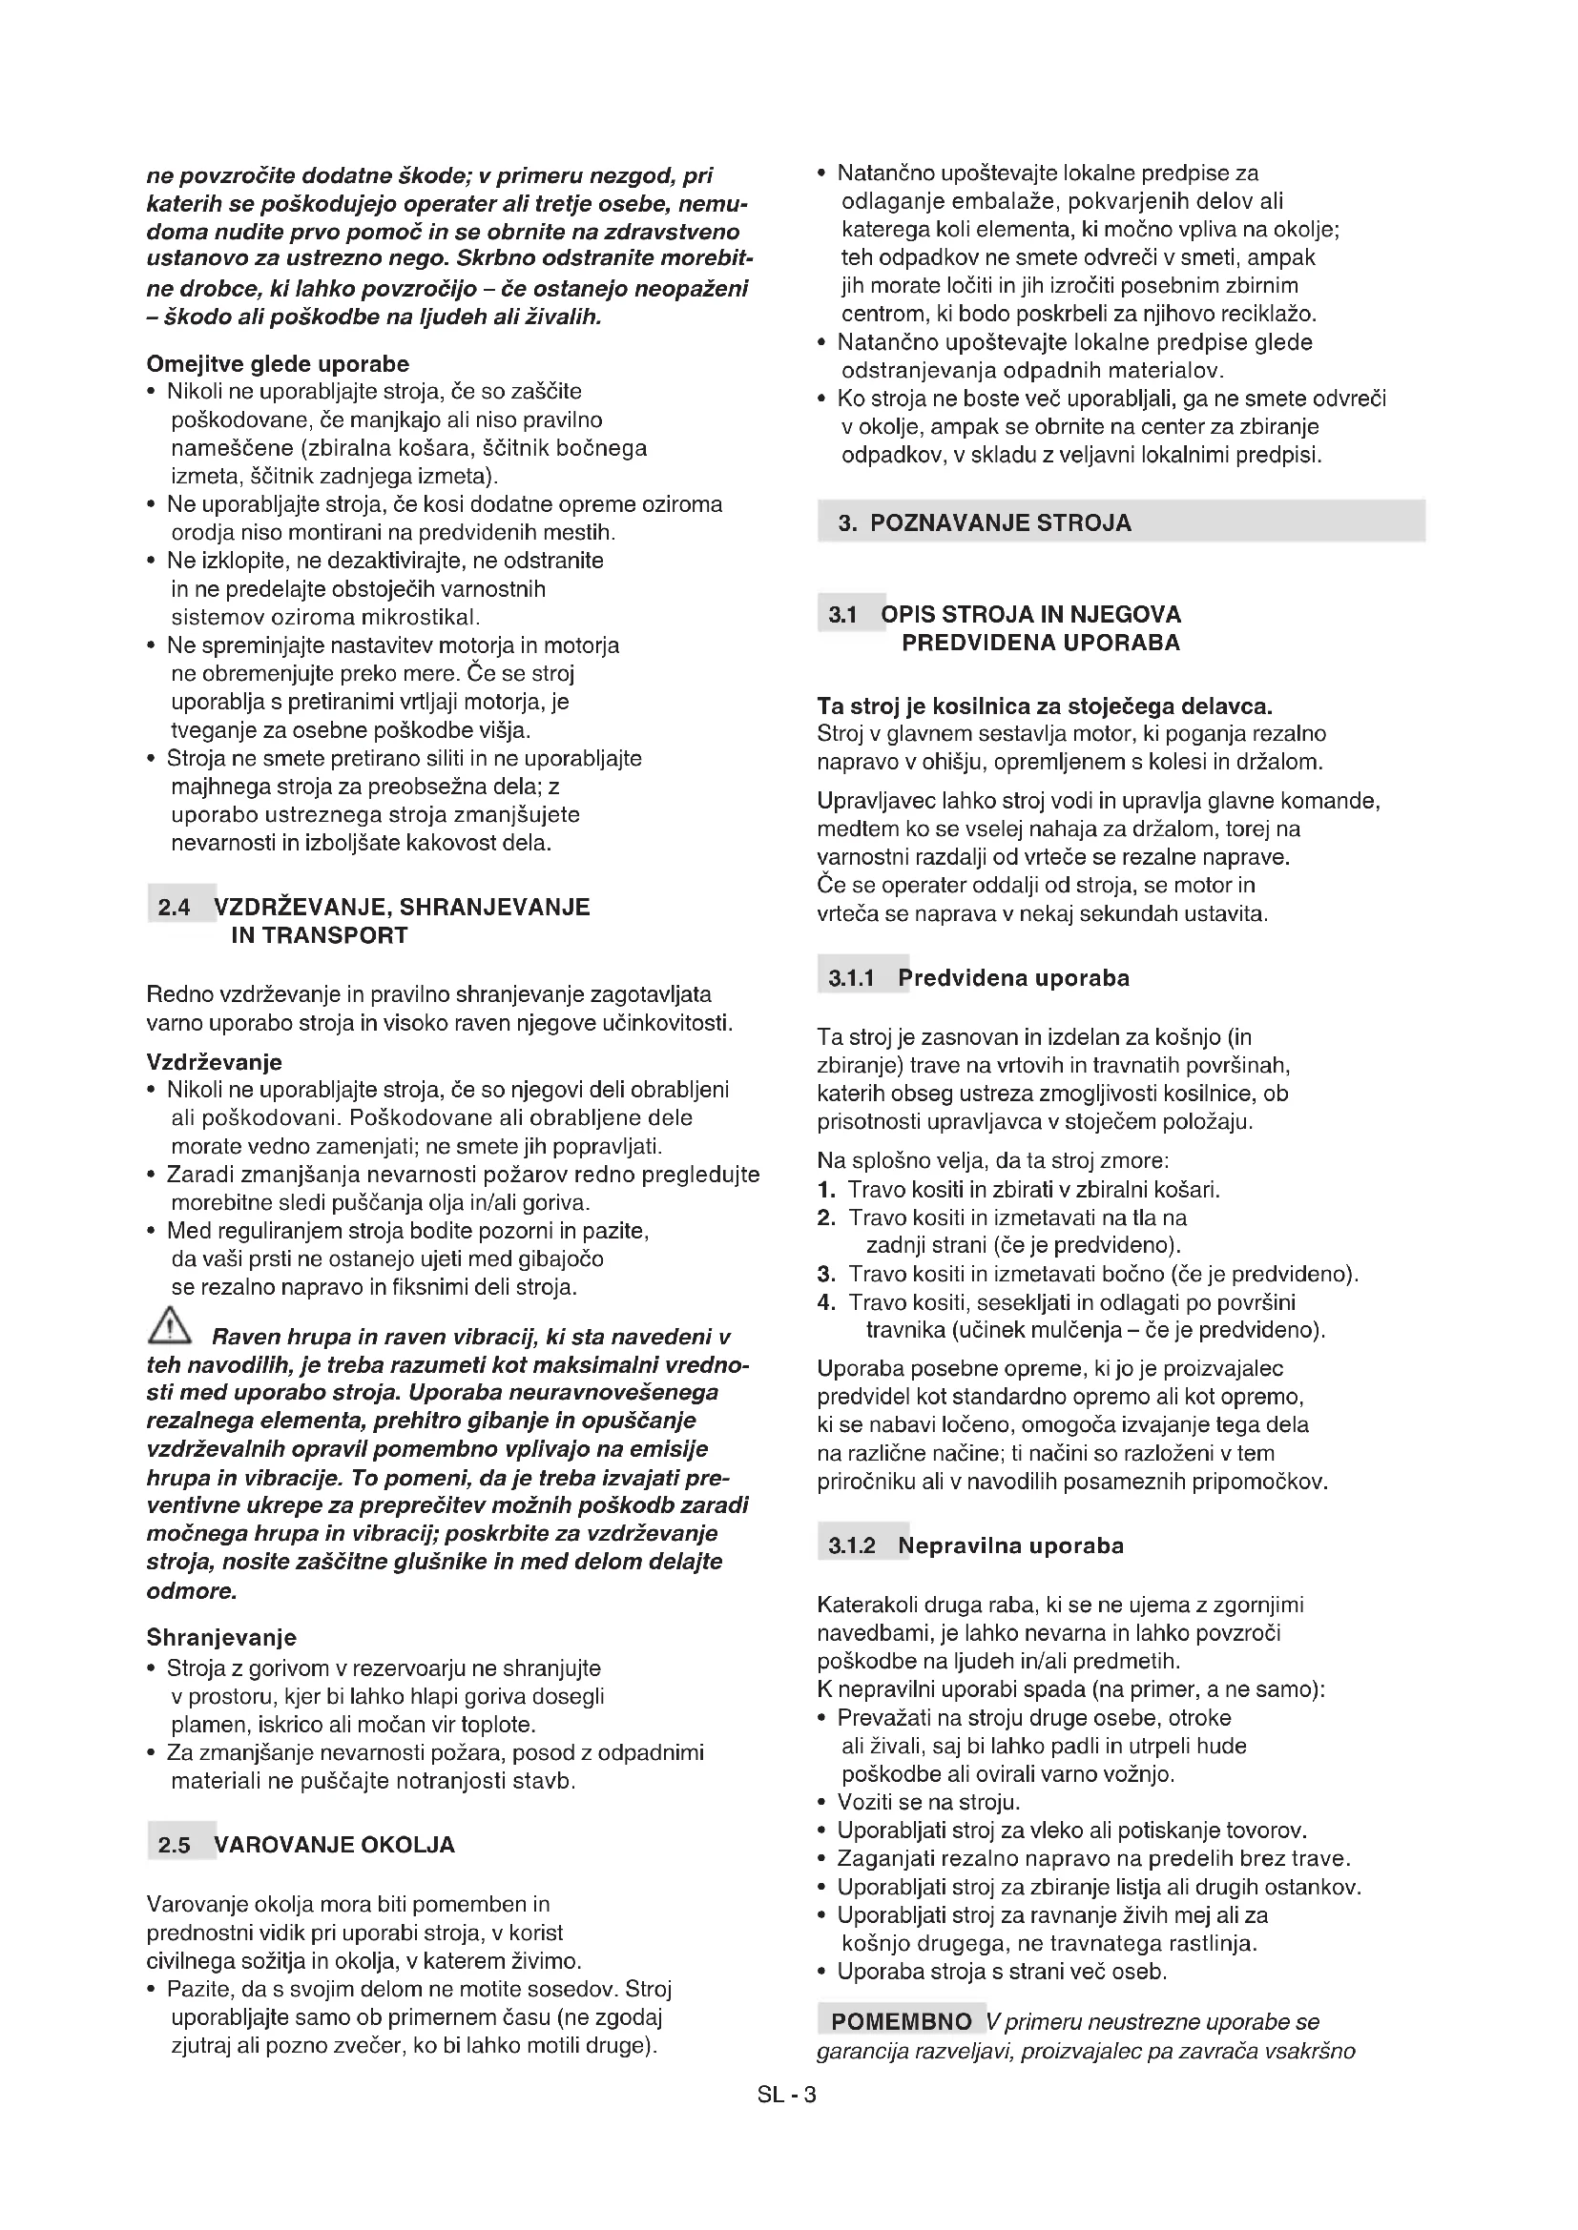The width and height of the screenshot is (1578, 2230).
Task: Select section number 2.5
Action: point(175,1846)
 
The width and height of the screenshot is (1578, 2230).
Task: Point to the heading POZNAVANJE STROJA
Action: point(1001,523)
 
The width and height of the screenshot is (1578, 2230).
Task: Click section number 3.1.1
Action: point(852,979)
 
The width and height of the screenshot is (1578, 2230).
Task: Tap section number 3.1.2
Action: point(852,1546)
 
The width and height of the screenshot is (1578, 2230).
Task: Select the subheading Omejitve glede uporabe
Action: point(278,364)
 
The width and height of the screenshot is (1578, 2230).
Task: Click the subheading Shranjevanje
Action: point(221,1639)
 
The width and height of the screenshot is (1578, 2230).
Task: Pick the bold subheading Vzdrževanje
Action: point(215,1061)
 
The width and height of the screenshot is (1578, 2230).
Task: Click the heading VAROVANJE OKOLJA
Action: point(334,1846)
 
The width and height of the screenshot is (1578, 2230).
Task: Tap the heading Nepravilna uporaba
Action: point(1010,1546)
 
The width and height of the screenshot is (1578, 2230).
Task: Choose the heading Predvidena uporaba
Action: point(1013,978)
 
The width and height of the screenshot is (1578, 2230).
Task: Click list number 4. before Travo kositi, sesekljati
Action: point(826,1302)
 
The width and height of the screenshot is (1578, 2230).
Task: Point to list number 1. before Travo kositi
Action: point(826,1190)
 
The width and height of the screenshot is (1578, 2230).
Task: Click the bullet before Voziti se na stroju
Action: point(823,1804)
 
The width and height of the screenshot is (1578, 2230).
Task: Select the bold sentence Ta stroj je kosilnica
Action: point(1045,706)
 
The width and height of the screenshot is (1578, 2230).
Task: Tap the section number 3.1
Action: point(842,616)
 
